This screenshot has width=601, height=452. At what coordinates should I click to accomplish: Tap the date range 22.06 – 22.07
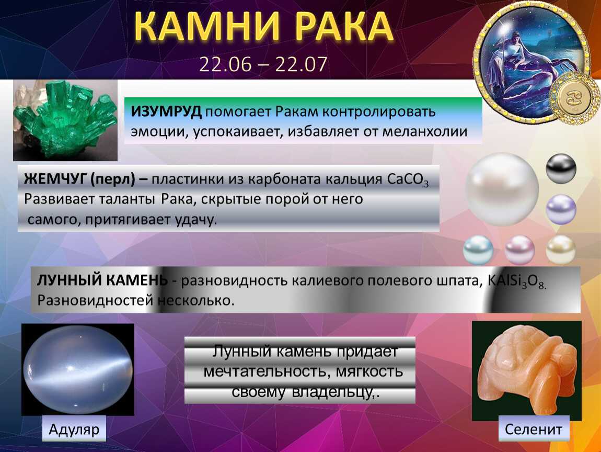tap(263, 64)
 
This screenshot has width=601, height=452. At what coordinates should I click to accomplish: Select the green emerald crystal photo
tap(65, 120)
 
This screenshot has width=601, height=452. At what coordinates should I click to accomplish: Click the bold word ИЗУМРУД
tap(166, 111)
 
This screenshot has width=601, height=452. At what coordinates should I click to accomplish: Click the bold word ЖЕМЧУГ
tap(55, 179)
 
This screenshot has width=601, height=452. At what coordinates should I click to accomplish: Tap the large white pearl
tap(502, 189)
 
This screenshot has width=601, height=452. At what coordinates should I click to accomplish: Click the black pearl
tap(561, 168)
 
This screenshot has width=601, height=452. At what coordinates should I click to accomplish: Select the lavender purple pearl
tap(561, 209)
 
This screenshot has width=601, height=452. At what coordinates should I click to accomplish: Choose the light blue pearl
tap(478, 250)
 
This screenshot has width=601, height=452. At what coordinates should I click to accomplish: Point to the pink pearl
tap(519, 250)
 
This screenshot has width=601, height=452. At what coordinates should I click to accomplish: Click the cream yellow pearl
tap(561, 250)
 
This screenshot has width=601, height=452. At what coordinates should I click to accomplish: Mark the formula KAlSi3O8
tap(516, 281)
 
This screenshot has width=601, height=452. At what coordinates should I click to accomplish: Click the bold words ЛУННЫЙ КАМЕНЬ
tap(102, 280)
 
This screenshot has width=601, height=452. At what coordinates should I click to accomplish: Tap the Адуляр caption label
tap(74, 429)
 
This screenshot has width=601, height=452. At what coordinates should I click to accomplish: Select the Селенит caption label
tap(533, 429)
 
